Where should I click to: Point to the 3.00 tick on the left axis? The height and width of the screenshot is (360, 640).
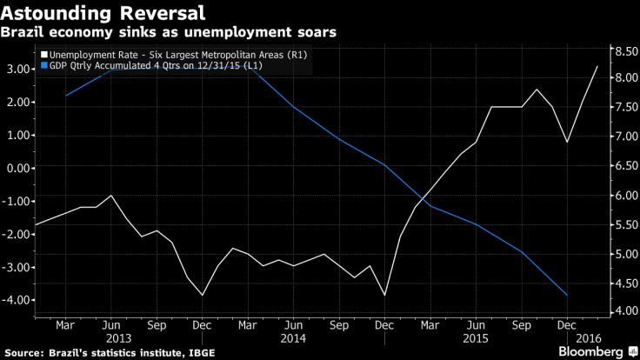click(17, 69)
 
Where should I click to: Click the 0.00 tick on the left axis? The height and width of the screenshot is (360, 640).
click(17, 168)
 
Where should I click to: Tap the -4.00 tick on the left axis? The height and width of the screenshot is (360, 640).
click(16, 300)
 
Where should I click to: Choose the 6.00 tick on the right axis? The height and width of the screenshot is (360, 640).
click(623, 195)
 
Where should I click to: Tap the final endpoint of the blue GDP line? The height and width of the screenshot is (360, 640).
click(567, 296)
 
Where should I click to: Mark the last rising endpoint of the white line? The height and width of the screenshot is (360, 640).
click(597, 66)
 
